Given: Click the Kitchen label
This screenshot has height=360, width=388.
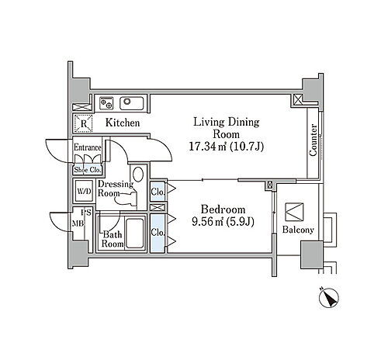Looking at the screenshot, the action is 123,123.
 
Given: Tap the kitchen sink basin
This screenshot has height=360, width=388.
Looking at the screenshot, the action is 132,103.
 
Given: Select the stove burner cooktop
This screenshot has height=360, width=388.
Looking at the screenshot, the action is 106,103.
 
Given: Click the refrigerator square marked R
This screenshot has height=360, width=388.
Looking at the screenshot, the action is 83,123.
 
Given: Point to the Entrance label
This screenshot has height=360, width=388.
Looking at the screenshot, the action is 87,147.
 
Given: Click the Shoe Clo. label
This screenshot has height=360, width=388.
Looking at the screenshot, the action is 87,170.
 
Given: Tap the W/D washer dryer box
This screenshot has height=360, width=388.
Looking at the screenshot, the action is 84,192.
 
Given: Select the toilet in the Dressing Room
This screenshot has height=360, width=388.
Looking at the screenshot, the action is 126,198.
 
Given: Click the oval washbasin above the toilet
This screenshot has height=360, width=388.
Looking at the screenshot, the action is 138,174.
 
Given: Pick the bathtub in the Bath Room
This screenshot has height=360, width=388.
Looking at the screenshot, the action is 134,234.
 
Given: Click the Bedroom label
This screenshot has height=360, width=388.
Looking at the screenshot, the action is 223,209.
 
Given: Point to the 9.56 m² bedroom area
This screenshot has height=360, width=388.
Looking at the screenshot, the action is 223,222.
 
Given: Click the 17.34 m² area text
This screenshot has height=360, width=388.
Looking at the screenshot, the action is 227,147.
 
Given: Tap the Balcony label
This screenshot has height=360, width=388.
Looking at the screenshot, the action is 298,230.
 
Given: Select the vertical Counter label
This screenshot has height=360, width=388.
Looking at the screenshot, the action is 314,140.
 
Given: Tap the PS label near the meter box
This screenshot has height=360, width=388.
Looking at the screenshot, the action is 86,213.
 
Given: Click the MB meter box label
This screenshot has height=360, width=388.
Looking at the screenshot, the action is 78,223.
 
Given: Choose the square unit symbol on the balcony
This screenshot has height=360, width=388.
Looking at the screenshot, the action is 294,212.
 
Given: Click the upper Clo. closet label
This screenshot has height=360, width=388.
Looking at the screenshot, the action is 158,192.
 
